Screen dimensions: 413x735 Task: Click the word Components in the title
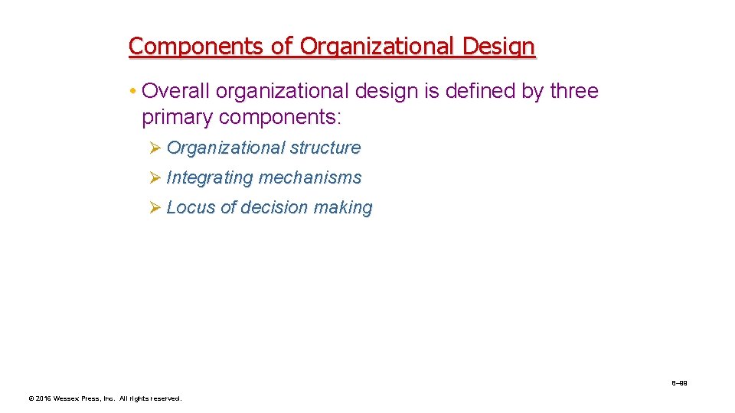click(197, 47)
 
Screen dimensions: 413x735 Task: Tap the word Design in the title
click(499, 47)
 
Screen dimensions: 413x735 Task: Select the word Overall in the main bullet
click(176, 91)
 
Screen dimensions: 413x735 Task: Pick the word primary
click(177, 118)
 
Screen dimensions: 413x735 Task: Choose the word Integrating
click(209, 177)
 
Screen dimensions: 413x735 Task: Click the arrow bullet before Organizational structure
click(154, 148)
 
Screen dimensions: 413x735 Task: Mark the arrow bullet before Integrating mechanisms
click(154, 177)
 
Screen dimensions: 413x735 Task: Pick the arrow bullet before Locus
click(154, 207)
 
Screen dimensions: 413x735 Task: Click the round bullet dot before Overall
click(132, 92)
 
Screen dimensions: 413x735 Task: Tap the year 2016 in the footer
click(42, 398)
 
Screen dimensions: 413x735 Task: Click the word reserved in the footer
click(165, 398)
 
